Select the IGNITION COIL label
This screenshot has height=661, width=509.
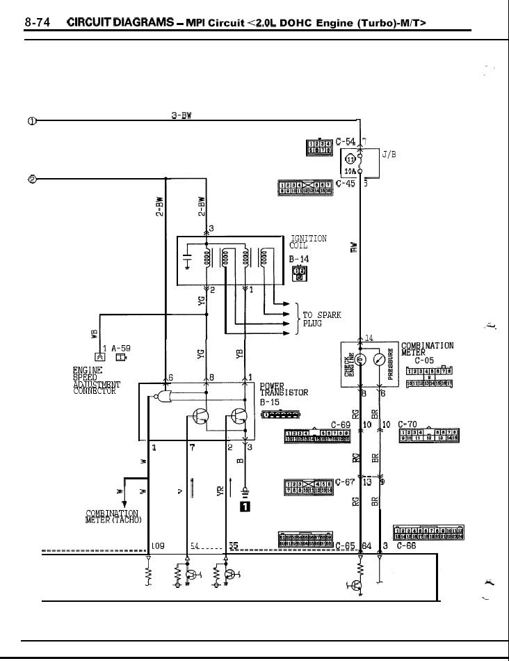(307, 242)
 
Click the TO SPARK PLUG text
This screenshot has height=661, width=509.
(321, 319)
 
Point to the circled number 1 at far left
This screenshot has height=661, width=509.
(32, 120)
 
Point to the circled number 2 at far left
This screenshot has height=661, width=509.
(32, 179)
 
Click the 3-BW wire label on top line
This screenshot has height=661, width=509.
(181, 116)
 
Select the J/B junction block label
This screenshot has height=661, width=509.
(389, 155)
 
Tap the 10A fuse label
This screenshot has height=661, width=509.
(351, 170)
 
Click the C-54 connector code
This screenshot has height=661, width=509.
(345, 141)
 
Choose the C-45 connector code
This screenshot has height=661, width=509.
(345, 184)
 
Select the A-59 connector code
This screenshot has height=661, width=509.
(120, 348)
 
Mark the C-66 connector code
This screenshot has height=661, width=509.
(406, 546)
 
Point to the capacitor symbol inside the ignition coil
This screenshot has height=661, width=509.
(187, 260)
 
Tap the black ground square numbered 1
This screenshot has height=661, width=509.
(244, 507)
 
